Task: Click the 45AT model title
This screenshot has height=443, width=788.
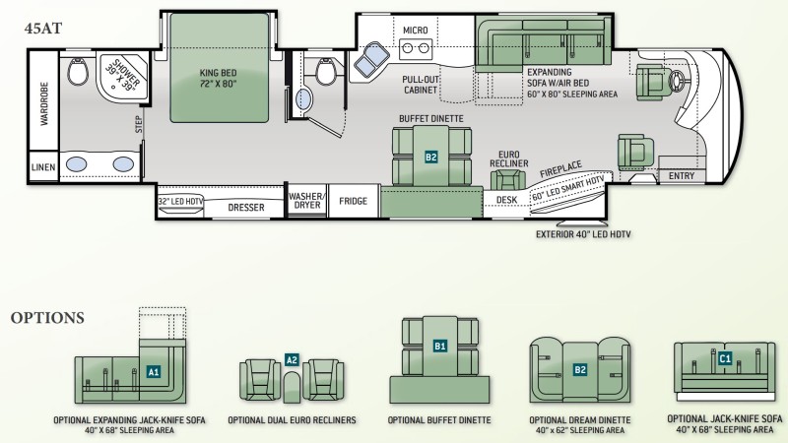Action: coord(43,29)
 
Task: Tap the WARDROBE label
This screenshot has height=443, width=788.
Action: coord(44,103)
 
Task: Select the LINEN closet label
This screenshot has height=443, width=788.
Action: coord(43,167)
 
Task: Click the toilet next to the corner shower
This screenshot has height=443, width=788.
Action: coord(78,71)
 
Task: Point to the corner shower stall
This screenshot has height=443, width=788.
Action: coord(122,77)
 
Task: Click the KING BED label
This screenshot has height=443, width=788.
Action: coord(218,79)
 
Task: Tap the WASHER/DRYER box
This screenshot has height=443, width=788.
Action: coord(307,201)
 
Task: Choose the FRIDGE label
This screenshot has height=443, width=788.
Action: coord(353,201)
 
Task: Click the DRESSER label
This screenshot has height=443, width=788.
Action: coord(246,208)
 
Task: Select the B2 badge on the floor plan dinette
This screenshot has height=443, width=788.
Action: coord(431,158)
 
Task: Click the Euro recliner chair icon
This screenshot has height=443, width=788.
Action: coord(508,179)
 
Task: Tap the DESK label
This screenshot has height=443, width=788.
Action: coord(506,200)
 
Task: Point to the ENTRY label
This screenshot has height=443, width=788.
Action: coord(682,176)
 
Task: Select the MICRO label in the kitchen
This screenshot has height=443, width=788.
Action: coord(415,31)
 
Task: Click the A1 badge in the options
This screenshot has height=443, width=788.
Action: coord(154,372)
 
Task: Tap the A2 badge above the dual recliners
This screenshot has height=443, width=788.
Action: coord(292,359)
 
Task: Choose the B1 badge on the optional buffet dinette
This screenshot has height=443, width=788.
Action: coord(439,347)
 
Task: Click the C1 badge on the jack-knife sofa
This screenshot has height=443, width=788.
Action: coord(725,358)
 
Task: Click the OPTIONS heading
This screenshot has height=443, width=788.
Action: coord(47,318)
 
